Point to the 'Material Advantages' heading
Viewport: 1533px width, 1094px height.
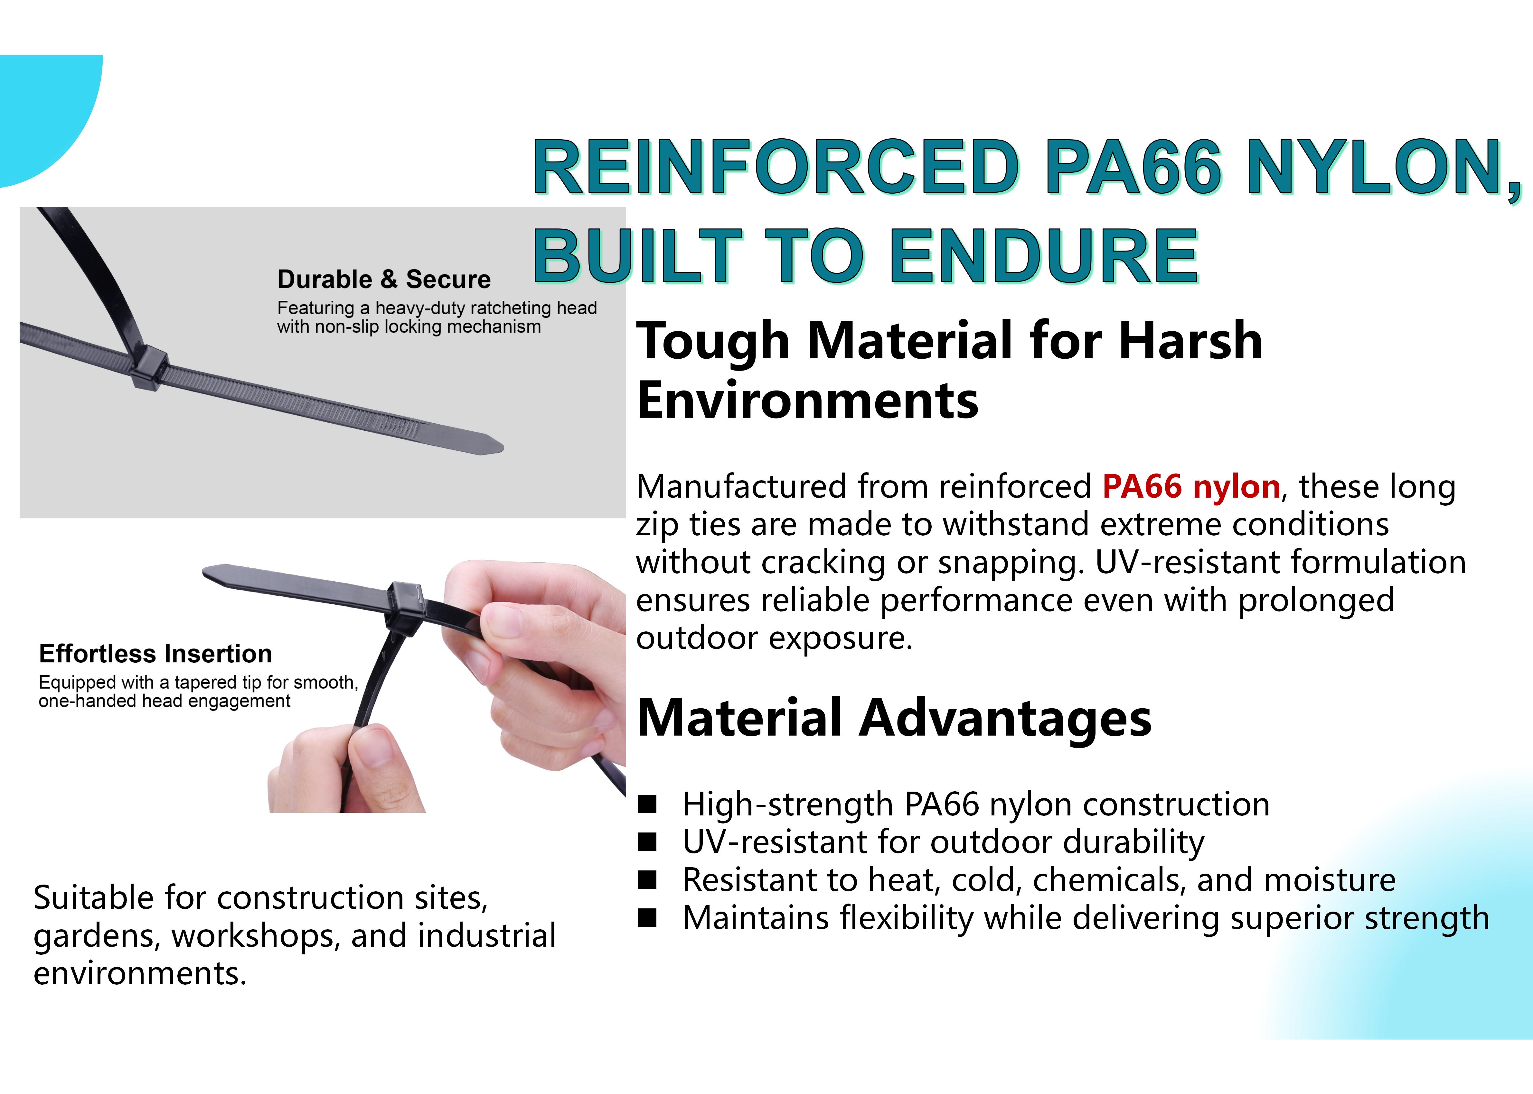(x=894, y=718)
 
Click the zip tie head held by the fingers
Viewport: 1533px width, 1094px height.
(x=405, y=603)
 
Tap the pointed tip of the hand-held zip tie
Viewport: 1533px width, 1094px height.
(x=205, y=571)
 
